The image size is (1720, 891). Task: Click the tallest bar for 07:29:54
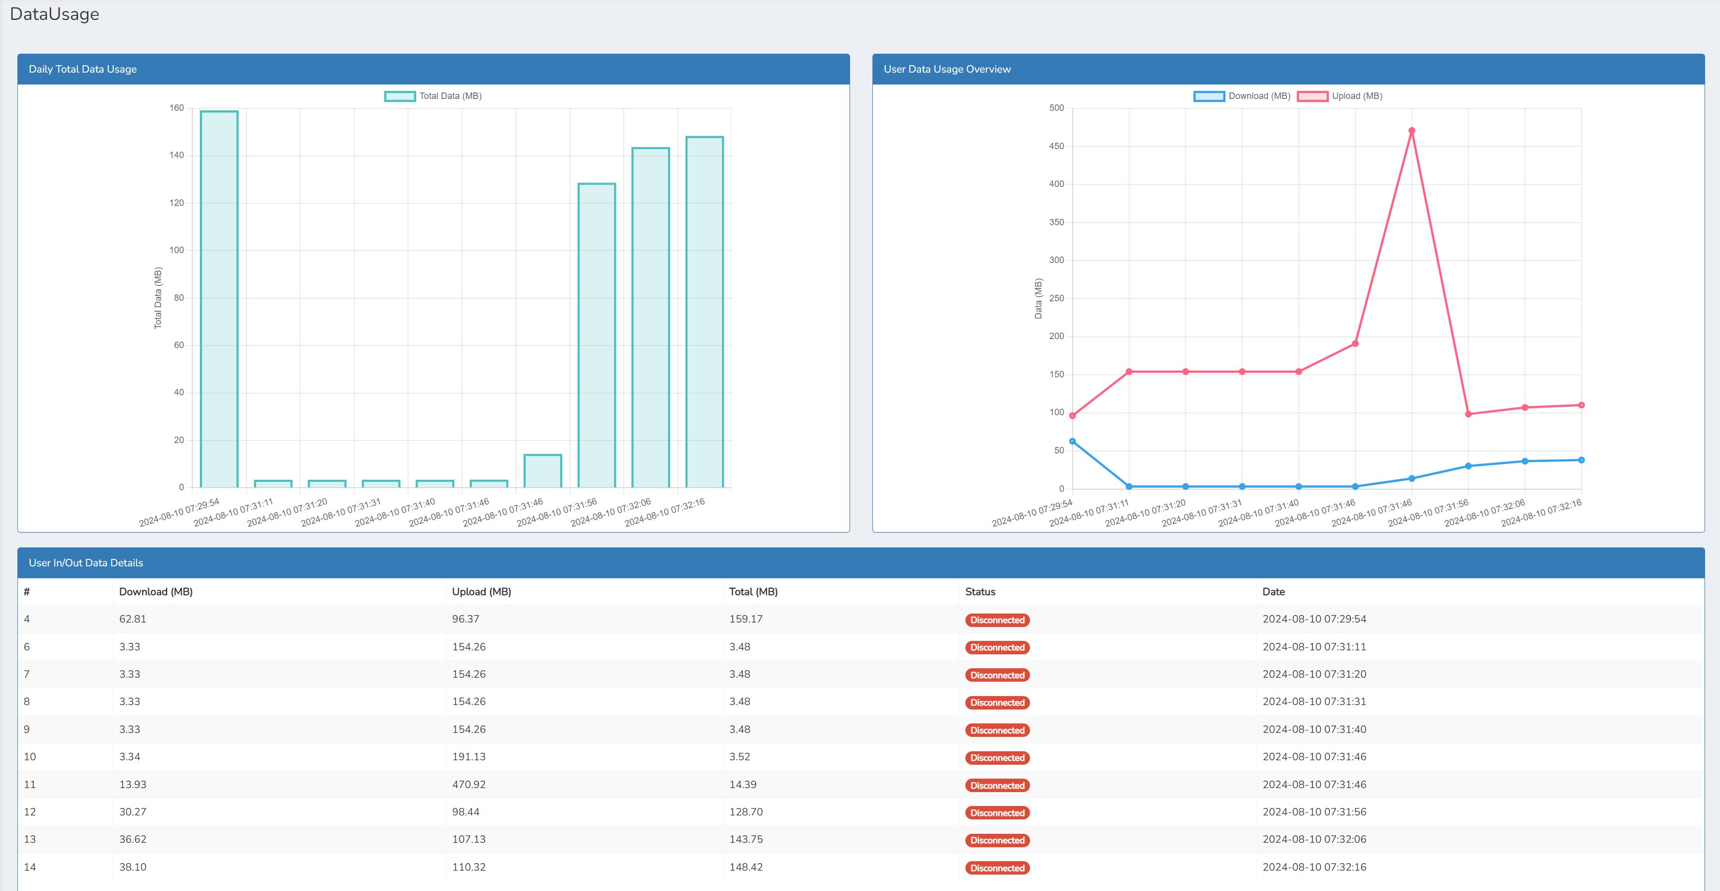point(219,299)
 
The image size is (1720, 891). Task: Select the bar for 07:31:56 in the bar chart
point(596,335)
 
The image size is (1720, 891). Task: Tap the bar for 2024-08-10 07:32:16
point(704,312)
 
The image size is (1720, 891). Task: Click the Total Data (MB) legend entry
point(433,96)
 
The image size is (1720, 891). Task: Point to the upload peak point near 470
point(1411,131)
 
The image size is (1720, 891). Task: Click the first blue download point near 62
point(1072,442)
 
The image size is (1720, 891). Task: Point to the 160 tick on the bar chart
point(176,108)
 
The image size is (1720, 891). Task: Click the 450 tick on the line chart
point(1056,146)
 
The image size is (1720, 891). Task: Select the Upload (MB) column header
point(481,592)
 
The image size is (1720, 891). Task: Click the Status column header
point(979,592)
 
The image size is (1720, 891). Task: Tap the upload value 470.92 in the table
point(469,784)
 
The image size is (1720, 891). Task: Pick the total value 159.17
point(745,619)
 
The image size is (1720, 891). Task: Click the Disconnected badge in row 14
point(997,868)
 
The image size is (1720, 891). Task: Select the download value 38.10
point(133,867)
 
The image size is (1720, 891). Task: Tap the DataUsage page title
point(55,14)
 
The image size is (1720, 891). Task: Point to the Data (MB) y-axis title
point(1037,298)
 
